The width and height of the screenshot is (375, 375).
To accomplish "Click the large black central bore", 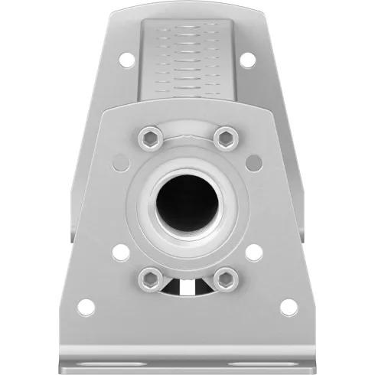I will pos(187,203).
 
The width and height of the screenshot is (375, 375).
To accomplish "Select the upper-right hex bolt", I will pos(225,139).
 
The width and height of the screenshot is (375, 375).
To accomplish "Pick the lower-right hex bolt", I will pos(226,278).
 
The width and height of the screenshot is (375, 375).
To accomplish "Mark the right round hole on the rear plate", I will pos(247,59).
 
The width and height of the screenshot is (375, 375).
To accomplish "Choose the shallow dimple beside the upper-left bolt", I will pos(119,161).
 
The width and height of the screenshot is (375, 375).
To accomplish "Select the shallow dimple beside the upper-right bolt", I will pos(254,161).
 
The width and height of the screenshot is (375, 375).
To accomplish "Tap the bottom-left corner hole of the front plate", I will pos(86,307).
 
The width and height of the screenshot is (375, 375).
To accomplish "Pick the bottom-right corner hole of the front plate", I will pos(288,307).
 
